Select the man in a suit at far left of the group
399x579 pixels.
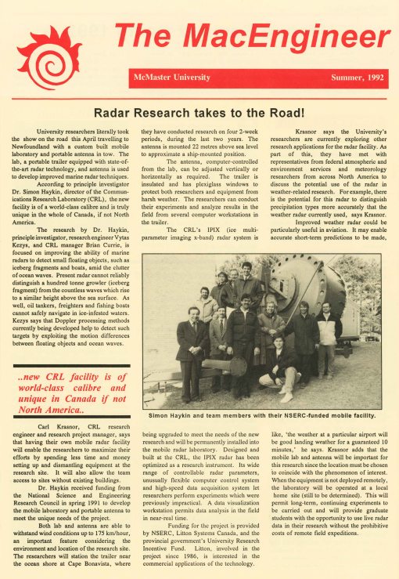click(x=190, y=345)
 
